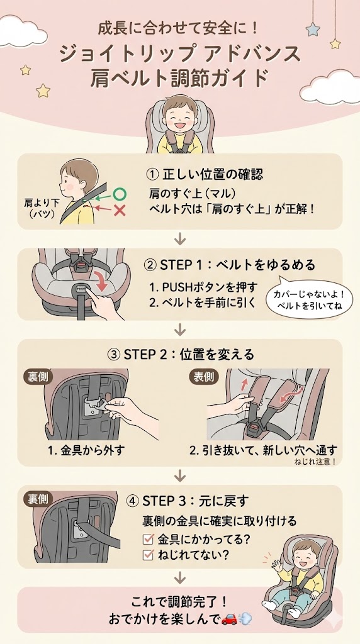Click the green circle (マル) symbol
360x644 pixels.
(120, 194)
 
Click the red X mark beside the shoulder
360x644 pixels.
(119, 210)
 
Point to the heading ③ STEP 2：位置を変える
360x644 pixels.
(181, 355)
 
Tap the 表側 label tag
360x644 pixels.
(203, 377)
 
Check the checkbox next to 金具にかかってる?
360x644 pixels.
(149, 539)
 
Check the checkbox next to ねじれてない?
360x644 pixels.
(149, 555)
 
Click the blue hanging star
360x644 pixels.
(312, 30)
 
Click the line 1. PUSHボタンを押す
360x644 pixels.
(203, 287)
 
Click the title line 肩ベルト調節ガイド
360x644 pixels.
(179, 79)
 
